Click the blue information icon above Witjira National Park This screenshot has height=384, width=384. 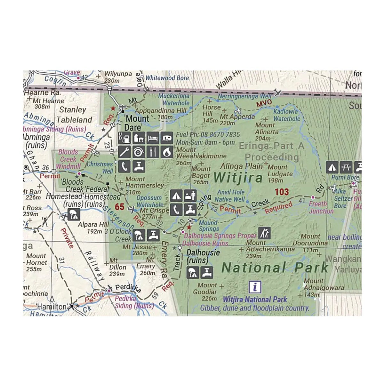click(x=255, y=287)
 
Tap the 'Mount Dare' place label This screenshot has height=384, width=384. click(x=137, y=123)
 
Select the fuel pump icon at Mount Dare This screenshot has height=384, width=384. click(x=124, y=138)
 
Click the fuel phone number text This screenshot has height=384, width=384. click(x=208, y=135)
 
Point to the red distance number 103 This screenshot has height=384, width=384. click(x=282, y=192)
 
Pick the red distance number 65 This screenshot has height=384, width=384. click(x=119, y=207)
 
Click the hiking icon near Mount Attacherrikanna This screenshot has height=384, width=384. click(x=264, y=233)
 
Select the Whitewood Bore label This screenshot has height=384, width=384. click(x=167, y=78)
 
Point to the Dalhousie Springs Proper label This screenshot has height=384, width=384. click(x=220, y=236)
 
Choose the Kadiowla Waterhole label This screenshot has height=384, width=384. click(x=286, y=115)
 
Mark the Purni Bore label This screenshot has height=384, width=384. click(x=345, y=177)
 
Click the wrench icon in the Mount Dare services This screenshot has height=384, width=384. click(x=124, y=152)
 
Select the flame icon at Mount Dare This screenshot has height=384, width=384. click(x=166, y=152)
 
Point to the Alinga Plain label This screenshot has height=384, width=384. click(x=241, y=166)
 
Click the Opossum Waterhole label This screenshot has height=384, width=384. click(x=150, y=201)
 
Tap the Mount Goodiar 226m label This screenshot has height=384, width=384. click(x=207, y=292)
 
